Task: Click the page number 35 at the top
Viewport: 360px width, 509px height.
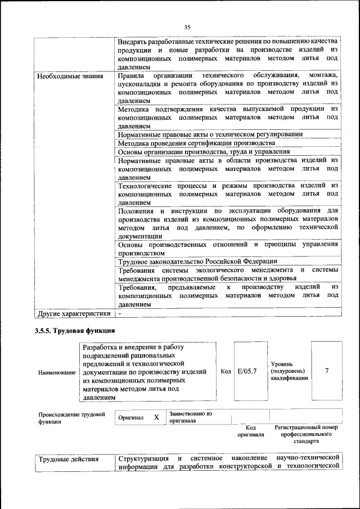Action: point(188,26)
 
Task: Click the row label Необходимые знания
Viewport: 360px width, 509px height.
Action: point(70,75)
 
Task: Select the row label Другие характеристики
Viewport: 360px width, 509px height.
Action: point(73,313)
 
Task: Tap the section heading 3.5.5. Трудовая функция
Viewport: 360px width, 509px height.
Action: point(75,330)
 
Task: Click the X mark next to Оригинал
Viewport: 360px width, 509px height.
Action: point(157,417)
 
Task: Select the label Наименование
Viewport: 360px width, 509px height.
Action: point(57,372)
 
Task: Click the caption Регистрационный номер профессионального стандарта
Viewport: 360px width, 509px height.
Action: point(307,434)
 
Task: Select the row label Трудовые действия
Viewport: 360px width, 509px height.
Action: point(69,460)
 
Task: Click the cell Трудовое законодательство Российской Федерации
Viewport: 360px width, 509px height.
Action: point(197,262)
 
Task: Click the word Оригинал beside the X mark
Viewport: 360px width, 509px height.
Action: point(131,417)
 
